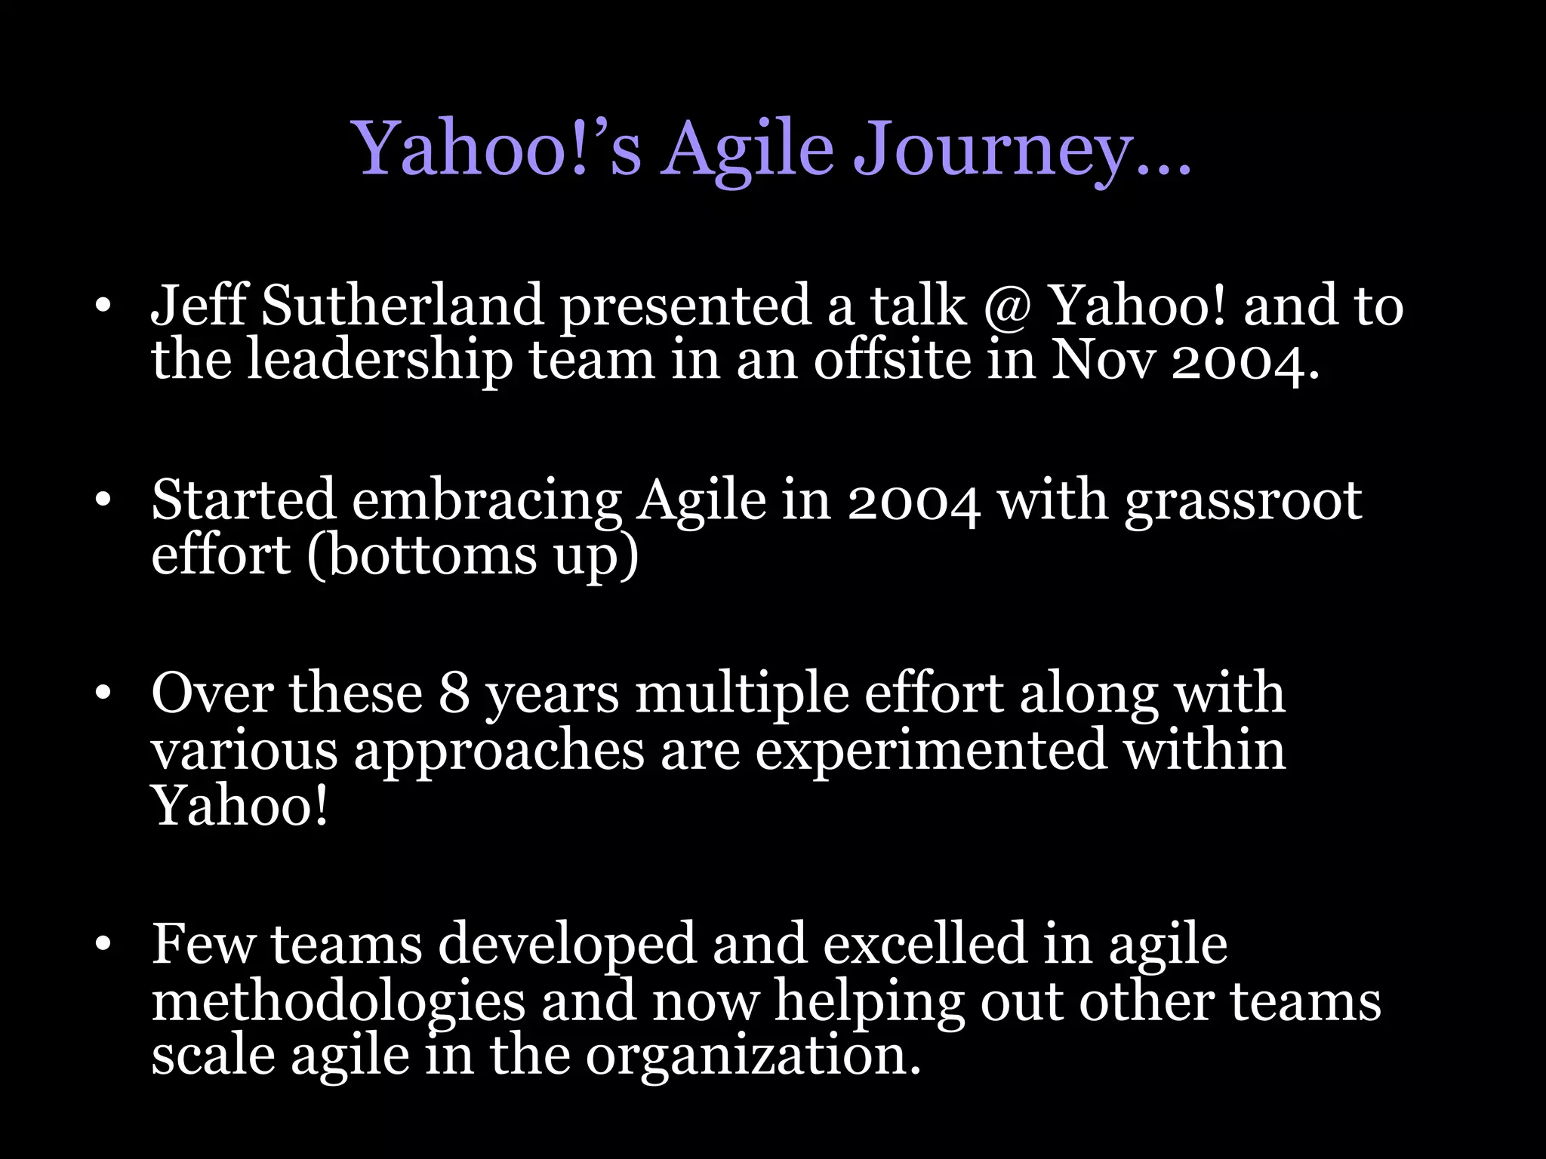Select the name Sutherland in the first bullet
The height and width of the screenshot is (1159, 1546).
click(x=402, y=306)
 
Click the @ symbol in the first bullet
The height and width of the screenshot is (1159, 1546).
click(x=1007, y=307)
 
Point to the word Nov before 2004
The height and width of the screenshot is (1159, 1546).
click(x=1102, y=361)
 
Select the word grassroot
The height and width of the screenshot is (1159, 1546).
click(x=1243, y=501)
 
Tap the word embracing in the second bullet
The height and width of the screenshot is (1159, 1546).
click(x=486, y=501)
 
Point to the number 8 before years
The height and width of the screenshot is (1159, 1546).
click(x=454, y=693)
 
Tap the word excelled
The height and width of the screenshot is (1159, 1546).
click(x=925, y=944)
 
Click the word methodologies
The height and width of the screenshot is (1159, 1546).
click(x=337, y=1002)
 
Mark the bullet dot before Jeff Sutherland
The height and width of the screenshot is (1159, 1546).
click(x=103, y=306)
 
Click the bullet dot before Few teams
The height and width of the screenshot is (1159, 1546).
click(x=103, y=944)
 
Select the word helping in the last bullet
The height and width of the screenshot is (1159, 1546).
click(x=869, y=1002)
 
